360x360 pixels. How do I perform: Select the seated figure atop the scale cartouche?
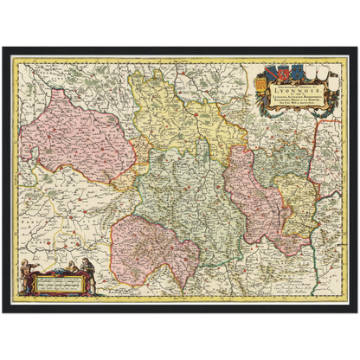[71, 265]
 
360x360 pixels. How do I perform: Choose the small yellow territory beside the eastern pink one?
[299, 203]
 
